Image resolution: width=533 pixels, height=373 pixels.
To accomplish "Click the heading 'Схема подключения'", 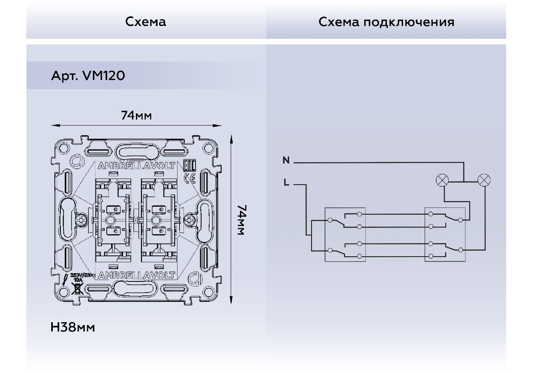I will [x=386, y=22].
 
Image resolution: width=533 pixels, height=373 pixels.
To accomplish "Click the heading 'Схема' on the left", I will [x=146, y=22].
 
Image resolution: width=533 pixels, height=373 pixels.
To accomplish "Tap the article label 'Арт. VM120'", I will [x=88, y=76].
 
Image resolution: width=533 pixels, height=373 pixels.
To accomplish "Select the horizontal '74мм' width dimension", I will [x=136, y=116].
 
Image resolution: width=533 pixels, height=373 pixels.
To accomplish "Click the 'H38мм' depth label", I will [x=73, y=327].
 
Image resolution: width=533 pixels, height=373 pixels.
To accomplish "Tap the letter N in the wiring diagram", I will [x=286, y=160].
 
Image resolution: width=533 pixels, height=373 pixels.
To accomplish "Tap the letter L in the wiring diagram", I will [x=286, y=183].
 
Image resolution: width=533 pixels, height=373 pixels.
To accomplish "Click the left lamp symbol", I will [x=442, y=180].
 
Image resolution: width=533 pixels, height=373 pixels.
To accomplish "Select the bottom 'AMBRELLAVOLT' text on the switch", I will [x=136, y=275].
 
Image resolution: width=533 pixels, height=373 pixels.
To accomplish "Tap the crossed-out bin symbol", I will [x=76, y=288].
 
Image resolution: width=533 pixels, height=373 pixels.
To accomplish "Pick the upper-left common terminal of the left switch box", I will [x=330, y=220].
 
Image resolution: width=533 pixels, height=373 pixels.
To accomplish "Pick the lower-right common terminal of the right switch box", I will [x=461, y=250].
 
